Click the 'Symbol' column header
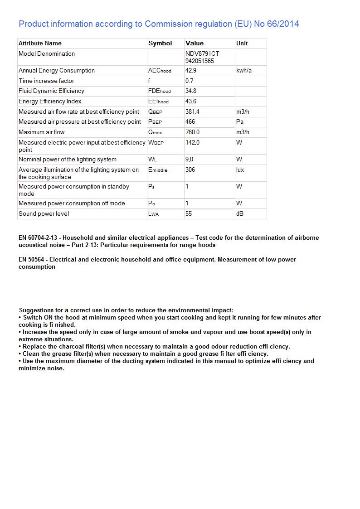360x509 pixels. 160,44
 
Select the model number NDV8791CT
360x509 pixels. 202,53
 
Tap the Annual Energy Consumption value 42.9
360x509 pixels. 191,71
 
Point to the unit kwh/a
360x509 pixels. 244,71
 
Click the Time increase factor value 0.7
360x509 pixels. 189,81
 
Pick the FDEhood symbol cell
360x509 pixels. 160,91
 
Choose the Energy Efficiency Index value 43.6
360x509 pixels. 191,102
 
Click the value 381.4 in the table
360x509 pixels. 192,111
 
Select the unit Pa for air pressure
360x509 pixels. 240,122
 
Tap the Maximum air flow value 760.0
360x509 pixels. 192,132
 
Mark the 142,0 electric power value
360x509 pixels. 192,142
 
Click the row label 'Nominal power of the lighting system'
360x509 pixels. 68,160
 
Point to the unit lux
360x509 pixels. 240,170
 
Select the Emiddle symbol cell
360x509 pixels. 158,170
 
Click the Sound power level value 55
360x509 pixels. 189,213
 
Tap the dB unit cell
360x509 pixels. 240,213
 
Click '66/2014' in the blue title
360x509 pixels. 283,24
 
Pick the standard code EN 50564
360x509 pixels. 31,260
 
